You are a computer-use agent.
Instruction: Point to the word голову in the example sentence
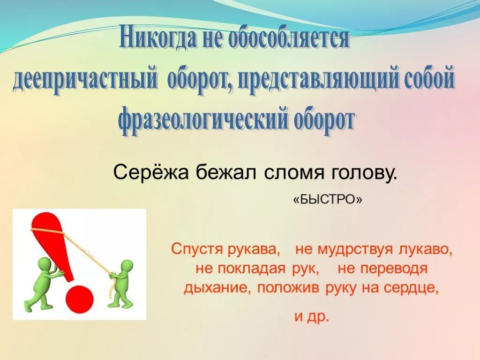361,173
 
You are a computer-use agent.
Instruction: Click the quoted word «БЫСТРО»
328,199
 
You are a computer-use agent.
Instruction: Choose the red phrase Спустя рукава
225,249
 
